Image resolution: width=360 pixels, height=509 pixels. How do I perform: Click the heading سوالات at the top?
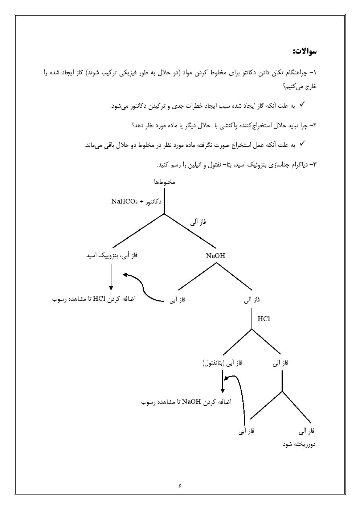(x=304, y=51)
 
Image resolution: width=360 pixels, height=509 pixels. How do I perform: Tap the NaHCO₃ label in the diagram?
(x=124, y=201)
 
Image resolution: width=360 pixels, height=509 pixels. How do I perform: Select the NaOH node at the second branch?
(x=216, y=256)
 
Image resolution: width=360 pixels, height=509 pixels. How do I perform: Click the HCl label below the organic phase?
(x=263, y=319)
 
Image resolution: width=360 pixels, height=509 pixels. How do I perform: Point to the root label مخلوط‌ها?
(x=164, y=182)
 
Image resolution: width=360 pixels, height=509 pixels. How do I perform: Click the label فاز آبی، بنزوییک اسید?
(x=112, y=256)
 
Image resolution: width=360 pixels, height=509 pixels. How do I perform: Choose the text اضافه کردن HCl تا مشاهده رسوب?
(x=94, y=299)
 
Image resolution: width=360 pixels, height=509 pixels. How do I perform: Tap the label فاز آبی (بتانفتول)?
(x=222, y=363)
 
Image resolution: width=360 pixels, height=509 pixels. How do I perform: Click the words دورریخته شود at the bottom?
(x=299, y=444)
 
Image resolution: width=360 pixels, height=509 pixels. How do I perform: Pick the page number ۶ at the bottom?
(x=180, y=486)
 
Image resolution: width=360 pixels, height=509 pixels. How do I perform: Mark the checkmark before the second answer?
(x=302, y=144)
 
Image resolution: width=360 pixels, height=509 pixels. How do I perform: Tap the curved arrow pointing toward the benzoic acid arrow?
(x=143, y=288)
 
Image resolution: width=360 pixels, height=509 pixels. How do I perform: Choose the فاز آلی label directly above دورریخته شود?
(x=307, y=431)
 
